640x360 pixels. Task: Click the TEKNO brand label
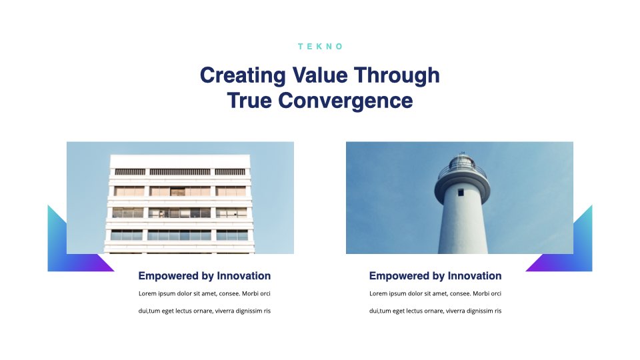pos(321,47)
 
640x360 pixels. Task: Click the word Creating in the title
pos(243,76)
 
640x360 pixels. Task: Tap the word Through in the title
pos(397,76)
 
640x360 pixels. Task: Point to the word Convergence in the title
pos(345,101)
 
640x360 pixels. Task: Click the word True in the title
pos(249,101)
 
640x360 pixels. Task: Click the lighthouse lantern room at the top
pos(461,161)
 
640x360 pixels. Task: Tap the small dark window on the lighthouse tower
pos(461,192)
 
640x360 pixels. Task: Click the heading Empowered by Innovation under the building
pos(205,276)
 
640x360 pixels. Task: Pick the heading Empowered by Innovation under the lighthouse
pos(435,276)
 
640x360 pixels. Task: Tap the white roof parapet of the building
pos(180,161)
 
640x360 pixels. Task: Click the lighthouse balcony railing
pos(463,172)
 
